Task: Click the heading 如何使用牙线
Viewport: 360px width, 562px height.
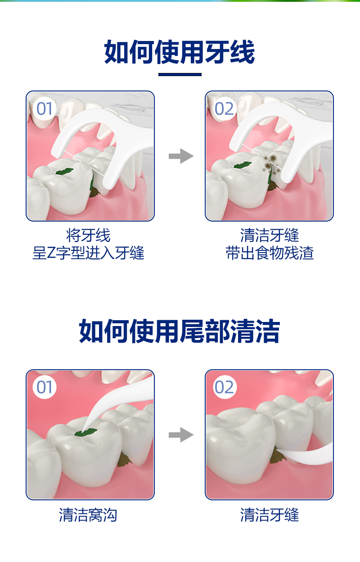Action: click(x=180, y=52)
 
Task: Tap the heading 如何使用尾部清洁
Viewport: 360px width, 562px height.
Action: click(x=180, y=331)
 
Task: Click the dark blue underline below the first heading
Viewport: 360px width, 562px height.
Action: click(x=180, y=74)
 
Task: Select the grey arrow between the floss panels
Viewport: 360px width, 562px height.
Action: click(x=181, y=156)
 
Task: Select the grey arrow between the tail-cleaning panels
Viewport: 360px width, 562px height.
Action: click(x=181, y=435)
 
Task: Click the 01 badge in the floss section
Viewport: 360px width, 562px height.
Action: click(x=45, y=109)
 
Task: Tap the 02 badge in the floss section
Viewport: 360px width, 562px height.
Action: click(x=224, y=109)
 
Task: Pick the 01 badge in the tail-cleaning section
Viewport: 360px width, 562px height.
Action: click(x=45, y=387)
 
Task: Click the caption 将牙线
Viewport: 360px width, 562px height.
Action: click(x=88, y=235)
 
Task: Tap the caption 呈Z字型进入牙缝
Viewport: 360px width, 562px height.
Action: click(x=88, y=253)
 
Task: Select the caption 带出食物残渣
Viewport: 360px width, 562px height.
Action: click(x=270, y=253)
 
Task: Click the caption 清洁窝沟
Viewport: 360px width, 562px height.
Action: click(x=88, y=515)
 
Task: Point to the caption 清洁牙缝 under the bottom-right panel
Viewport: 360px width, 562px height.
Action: click(x=270, y=515)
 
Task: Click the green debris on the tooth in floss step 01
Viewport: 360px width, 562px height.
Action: click(x=65, y=172)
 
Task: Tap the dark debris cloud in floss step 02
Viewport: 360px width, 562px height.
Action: click(x=271, y=164)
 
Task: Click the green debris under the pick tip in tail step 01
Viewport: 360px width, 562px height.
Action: click(x=86, y=432)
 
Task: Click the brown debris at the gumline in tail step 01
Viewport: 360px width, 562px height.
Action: click(x=124, y=459)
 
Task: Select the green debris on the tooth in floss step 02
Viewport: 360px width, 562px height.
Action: click(x=243, y=164)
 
